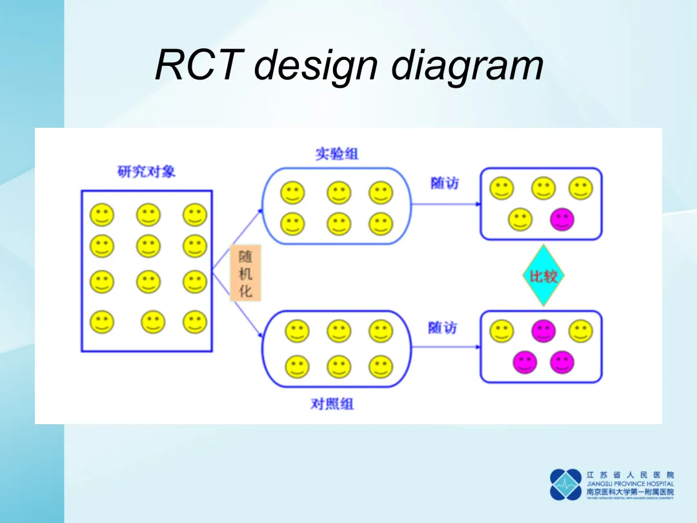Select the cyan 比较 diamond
coord(543,276)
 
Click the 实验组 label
coord(336,154)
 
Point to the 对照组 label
coord(332,404)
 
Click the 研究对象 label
coord(146,172)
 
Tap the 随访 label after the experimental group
coord(444,183)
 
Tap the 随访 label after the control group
coord(442,328)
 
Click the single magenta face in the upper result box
coord(561,220)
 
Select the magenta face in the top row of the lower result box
coord(543,331)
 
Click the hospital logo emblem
coord(565,484)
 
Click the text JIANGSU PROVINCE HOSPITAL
coord(630,484)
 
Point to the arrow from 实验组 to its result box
coord(445,204)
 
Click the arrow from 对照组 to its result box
coord(445,347)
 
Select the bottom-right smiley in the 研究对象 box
coord(194,321)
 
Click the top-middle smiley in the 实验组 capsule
coord(339,192)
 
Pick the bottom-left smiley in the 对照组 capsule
coord(297,367)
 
